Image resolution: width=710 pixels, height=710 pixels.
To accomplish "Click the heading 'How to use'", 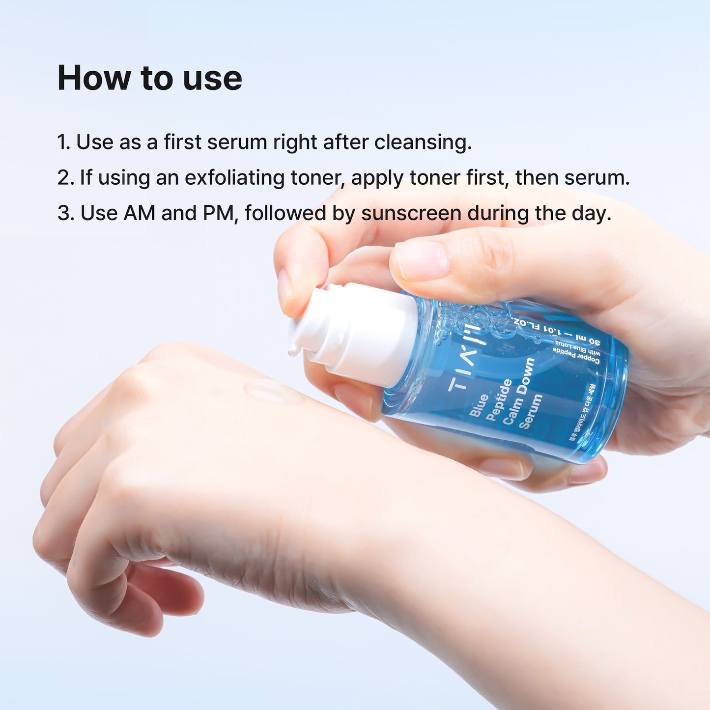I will click(x=149, y=78).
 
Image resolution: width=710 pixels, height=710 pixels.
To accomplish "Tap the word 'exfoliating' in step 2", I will click(x=234, y=177).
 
